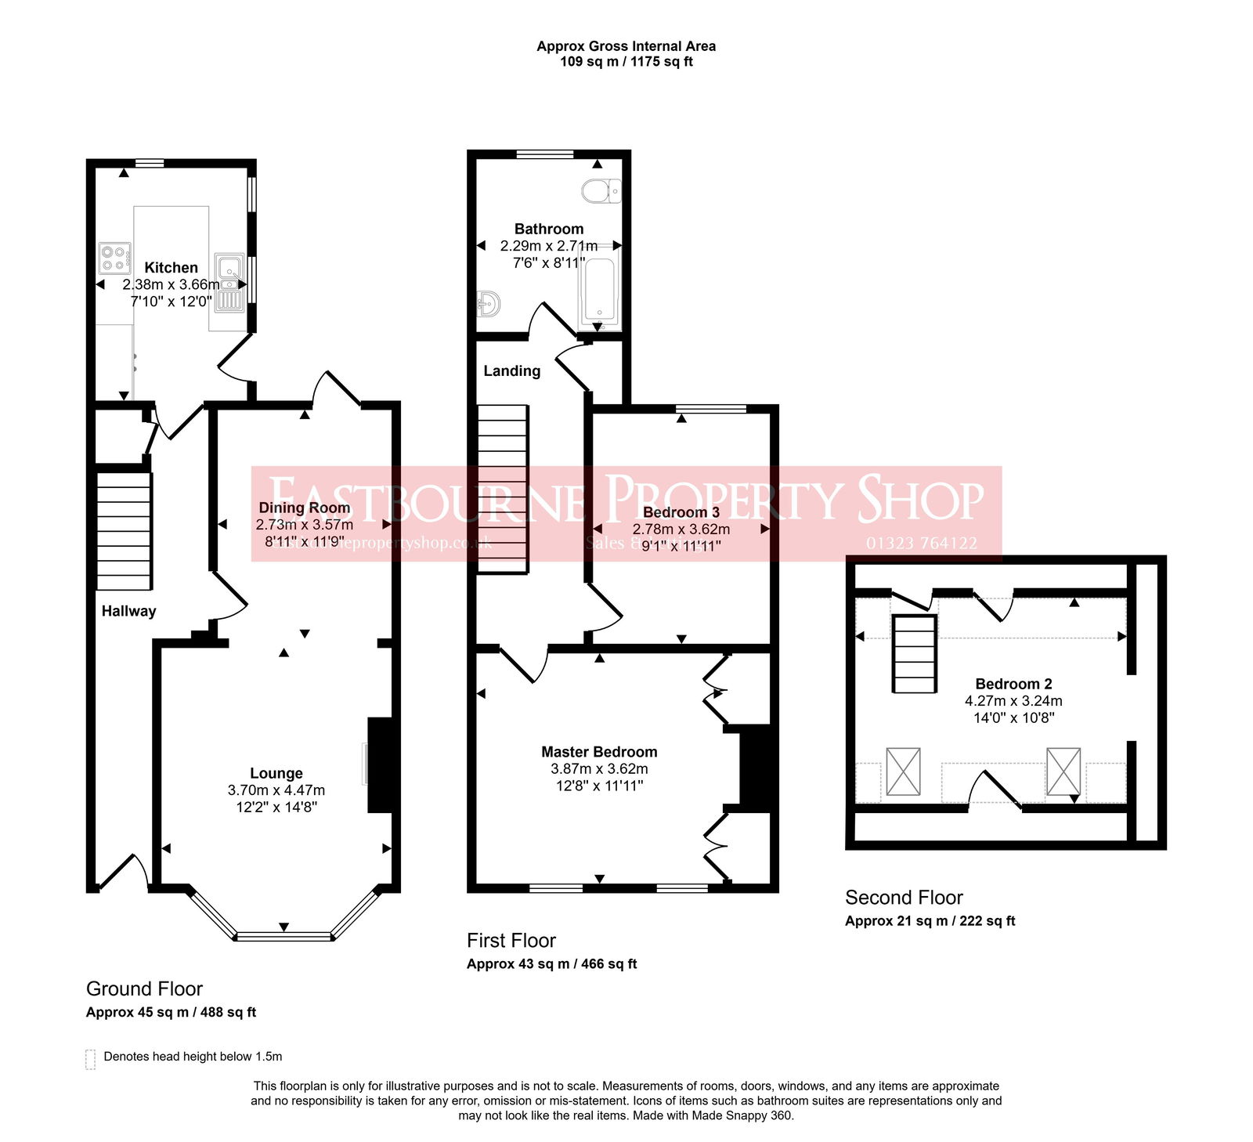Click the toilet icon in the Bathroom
601,190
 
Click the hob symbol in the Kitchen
114,258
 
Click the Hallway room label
128,611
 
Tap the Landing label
511,370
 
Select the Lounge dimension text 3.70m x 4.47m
276,790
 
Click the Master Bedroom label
599,752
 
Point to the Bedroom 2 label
1013,684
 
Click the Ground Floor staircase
124,530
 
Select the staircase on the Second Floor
915,654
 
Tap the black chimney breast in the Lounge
380,765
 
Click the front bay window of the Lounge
283,935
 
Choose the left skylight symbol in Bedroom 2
903,772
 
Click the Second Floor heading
904,898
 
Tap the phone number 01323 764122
922,543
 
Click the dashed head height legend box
90,1059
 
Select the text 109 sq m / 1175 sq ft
626,62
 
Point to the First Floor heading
511,941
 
